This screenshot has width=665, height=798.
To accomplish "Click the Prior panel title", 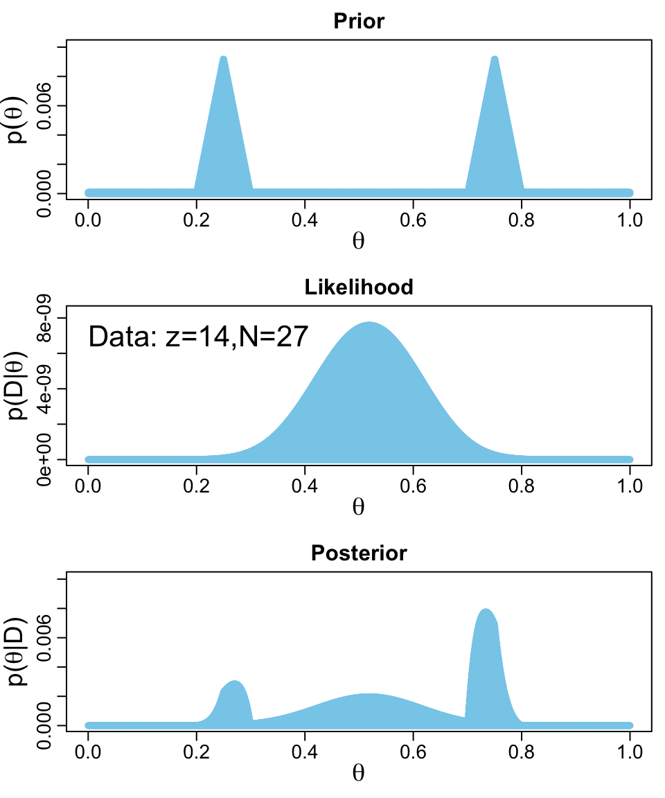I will pos(359,21).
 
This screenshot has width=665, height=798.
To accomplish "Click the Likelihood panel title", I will pos(359,287).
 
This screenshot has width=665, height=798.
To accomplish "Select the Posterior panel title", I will pos(359,553).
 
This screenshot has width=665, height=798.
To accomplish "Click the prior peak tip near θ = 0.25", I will pos(223,58).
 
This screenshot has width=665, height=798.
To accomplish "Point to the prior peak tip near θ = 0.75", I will pos(494,58).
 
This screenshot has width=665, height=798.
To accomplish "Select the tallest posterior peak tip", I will pos(486,610).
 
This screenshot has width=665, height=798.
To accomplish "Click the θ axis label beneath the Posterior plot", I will pos(359,773).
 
